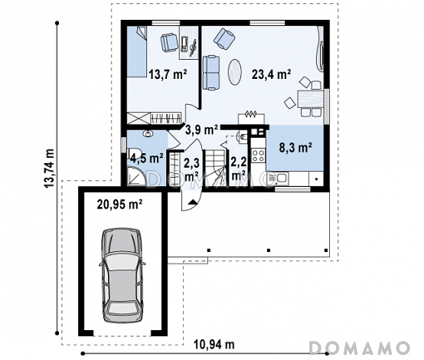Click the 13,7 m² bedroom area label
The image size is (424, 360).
168,74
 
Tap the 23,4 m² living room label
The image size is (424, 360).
271,74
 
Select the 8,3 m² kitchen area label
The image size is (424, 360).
296,148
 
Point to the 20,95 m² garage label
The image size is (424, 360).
120,205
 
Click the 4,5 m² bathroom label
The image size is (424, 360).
147,158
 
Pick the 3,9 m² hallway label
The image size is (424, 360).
201,130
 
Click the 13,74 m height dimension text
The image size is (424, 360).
50,169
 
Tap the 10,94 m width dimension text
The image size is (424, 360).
214,345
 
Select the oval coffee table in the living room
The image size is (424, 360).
235,72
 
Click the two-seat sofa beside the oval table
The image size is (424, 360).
211,73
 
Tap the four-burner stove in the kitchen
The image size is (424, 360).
259,155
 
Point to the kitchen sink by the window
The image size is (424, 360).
279,179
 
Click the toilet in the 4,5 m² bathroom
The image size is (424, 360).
134,153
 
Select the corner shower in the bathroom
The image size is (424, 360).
136,176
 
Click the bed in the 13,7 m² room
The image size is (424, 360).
137,51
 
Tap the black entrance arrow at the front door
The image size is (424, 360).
192,201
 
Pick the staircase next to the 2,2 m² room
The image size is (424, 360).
215,169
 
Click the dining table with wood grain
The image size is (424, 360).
311,99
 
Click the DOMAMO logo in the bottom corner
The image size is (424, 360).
360,348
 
